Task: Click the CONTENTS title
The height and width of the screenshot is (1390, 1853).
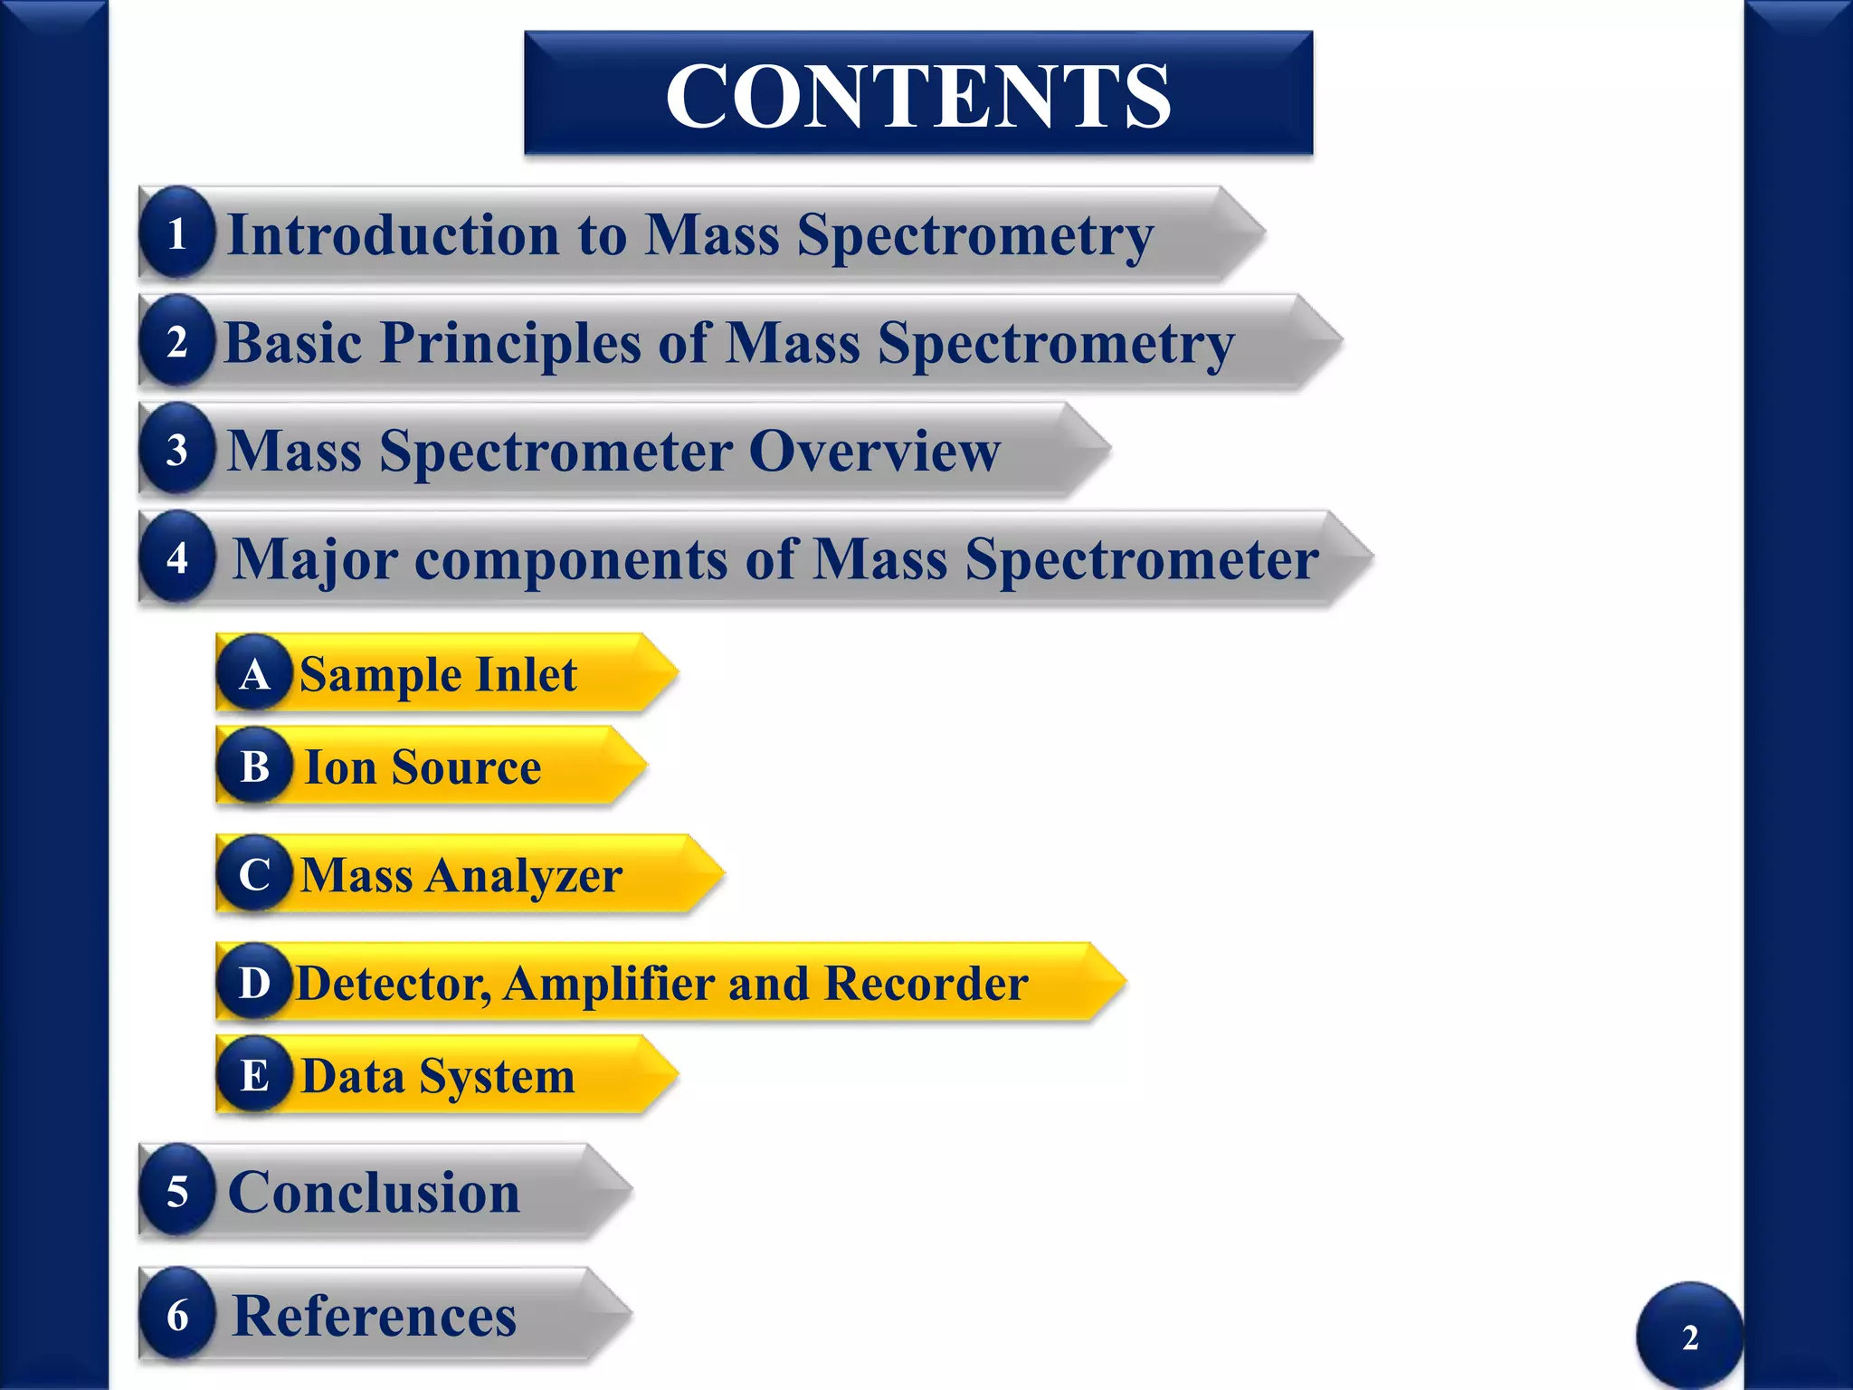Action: point(917,95)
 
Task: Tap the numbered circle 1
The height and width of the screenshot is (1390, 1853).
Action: point(177,233)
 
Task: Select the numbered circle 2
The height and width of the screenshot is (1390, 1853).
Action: point(177,342)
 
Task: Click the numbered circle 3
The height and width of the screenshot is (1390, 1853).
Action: point(177,450)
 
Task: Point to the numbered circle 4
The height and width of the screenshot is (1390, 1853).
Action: point(177,557)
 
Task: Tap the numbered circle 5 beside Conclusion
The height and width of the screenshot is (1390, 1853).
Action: point(177,1191)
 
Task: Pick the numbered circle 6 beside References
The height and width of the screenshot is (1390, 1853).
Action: point(177,1315)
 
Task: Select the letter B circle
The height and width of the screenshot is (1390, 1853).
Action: point(255,766)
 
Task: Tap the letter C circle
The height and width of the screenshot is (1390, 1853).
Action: point(255,874)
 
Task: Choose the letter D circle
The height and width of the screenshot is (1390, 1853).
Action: point(255,983)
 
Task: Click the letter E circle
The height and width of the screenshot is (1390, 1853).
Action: point(255,1075)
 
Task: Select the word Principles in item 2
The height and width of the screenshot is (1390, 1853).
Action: point(510,344)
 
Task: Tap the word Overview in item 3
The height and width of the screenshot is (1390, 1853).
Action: point(874,451)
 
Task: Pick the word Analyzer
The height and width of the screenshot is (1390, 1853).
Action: point(525,876)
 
